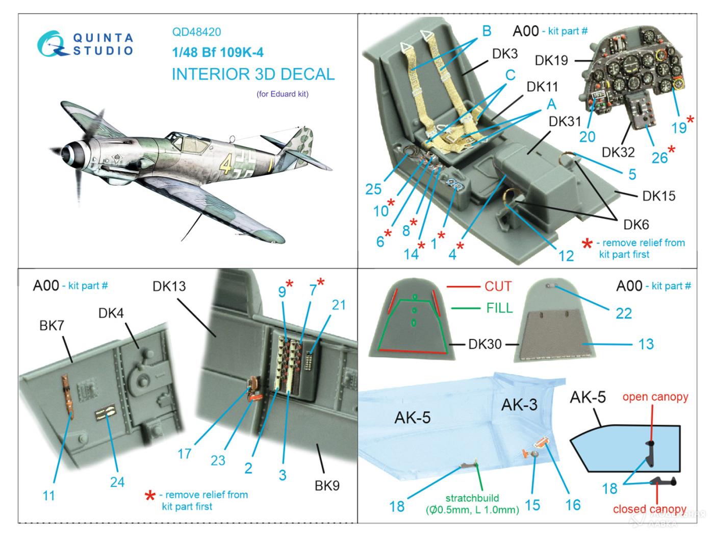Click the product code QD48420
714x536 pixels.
[x=196, y=32]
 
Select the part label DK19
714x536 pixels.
[x=551, y=60]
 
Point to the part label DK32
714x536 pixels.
[x=618, y=152]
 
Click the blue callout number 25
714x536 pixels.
[x=373, y=189]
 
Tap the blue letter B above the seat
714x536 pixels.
[x=487, y=31]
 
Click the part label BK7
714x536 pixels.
[x=51, y=325]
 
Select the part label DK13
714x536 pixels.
[x=169, y=286]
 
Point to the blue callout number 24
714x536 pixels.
[x=117, y=482]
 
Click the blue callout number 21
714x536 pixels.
[x=339, y=305]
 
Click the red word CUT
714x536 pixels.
[x=498, y=286]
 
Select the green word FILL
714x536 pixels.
[x=500, y=308]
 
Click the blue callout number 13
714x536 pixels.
[x=646, y=344]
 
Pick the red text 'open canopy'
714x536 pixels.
[x=655, y=397]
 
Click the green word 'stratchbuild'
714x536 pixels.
[x=472, y=498]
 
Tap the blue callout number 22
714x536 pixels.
[x=624, y=313]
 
